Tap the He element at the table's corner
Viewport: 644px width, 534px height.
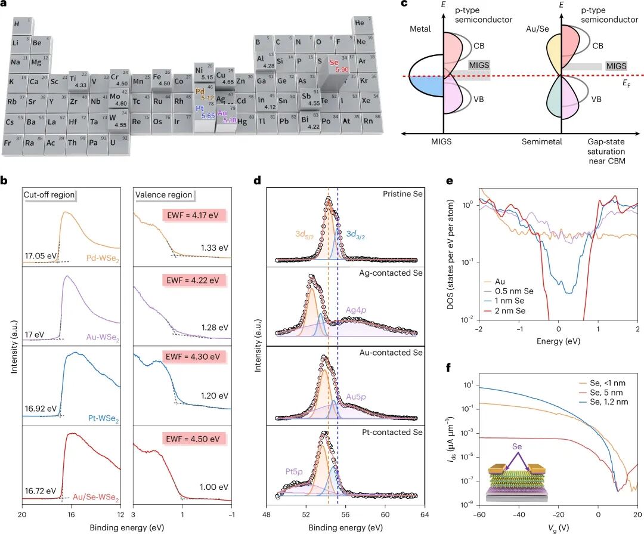(x=360, y=24)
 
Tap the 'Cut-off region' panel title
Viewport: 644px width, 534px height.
(x=48, y=194)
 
